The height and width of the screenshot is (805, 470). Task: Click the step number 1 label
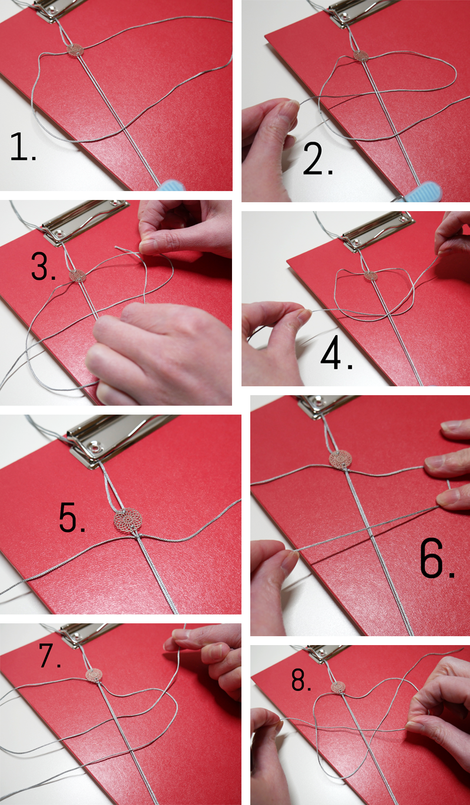[23, 146]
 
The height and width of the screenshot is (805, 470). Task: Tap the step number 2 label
[318, 159]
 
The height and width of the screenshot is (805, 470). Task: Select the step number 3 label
[43, 266]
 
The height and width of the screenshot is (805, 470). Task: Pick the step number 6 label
[437, 558]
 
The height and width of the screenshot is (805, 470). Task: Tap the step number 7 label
[50, 656]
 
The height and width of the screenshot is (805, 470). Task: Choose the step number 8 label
[301, 680]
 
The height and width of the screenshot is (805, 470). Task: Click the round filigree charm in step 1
[75, 51]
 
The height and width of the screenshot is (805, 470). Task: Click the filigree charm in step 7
[94, 675]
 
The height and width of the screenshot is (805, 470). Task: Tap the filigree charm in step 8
[338, 687]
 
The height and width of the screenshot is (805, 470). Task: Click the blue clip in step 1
[172, 186]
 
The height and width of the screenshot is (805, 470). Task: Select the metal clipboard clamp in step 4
[377, 230]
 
